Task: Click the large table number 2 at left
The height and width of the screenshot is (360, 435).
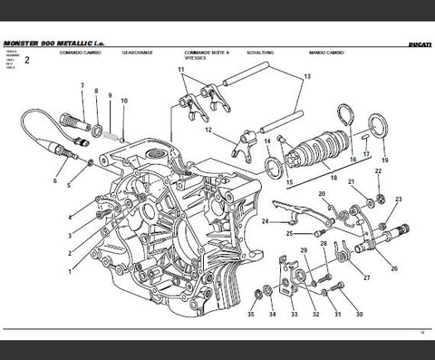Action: pos(27,61)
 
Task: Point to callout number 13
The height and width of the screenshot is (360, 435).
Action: pos(306,79)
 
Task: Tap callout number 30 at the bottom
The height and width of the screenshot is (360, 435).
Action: pos(359,315)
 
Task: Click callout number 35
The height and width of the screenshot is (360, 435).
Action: pos(251,315)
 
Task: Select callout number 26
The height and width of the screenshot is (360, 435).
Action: pos(393,268)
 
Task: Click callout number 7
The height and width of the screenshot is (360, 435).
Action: pos(82,87)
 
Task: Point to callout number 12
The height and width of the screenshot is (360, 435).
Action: pos(208,130)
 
